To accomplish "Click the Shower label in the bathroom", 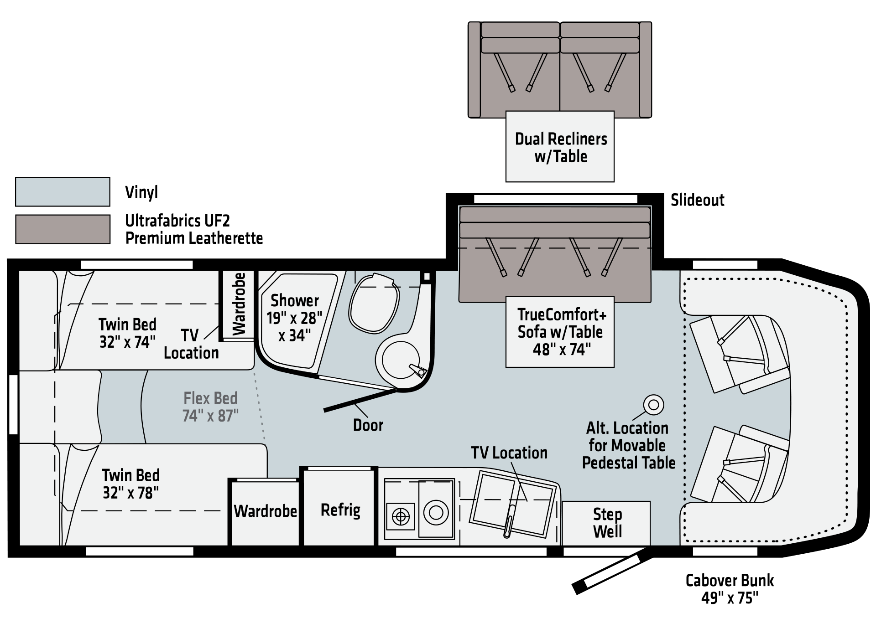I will [x=295, y=301].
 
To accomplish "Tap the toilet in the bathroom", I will [x=374, y=303].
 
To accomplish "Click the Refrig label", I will [x=340, y=510].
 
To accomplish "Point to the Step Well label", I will [x=607, y=523].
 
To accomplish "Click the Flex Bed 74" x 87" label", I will [x=210, y=407].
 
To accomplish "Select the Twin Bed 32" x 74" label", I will [x=128, y=333].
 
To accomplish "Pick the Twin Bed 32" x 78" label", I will [x=130, y=484].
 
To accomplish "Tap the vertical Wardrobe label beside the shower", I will [x=239, y=304].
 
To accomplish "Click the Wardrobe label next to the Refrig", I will [x=265, y=511].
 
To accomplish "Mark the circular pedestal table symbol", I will [x=653, y=404].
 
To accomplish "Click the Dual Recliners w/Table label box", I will [x=560, y=147].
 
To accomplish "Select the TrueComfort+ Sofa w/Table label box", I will [x=560, y=332].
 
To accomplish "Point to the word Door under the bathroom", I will [x=368, y=425].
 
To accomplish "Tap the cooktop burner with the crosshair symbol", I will [x=401, y=516].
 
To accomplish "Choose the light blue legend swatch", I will [x=63, y=192].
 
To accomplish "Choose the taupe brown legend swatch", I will [x=63, y=229].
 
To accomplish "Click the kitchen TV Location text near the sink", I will [x=509, y=453].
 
